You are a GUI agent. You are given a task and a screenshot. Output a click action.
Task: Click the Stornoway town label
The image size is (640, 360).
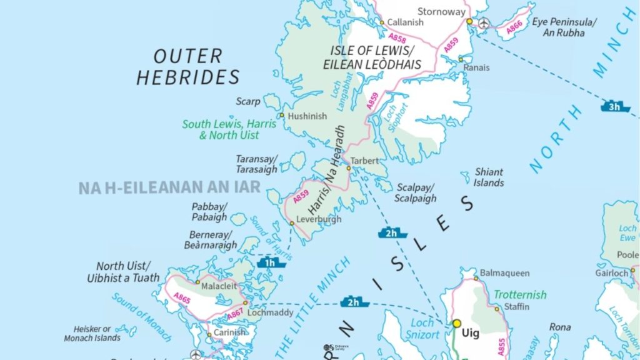click(441, 12)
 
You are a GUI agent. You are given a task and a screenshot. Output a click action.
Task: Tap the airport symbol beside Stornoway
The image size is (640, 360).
click(484, 23)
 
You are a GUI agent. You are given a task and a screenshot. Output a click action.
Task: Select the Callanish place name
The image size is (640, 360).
click(405, 22)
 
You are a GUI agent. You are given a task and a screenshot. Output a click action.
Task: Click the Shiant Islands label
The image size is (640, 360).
click(489, 177)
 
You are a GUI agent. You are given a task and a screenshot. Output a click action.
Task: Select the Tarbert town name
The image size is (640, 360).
click(364, 161)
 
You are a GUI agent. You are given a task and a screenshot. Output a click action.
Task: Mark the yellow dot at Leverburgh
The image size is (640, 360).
click(292, 223)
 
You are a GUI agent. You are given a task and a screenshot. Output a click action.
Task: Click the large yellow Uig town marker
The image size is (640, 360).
click(457, 323)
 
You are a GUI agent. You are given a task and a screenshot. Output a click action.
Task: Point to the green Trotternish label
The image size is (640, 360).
click(520, 294)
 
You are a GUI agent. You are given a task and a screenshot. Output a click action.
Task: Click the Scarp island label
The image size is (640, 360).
click(247, 101)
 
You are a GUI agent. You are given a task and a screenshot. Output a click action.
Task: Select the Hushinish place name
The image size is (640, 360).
click(308, 116)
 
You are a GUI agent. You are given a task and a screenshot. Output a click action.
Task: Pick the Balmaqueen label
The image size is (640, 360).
click(505, 273)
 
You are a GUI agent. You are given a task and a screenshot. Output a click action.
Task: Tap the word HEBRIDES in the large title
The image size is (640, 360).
click(188, 77)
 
